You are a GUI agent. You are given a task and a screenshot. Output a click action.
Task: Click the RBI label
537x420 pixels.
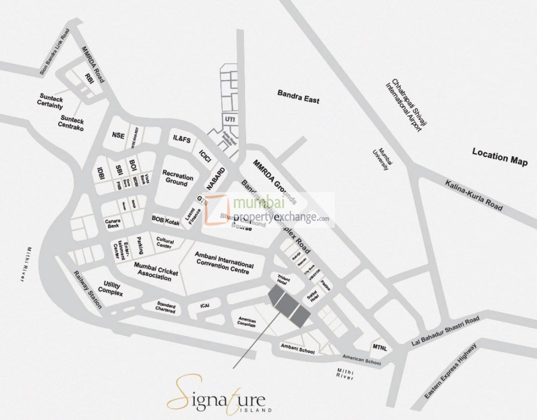click(x=89, y=78)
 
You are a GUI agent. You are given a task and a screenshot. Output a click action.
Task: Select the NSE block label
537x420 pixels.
click(x=118, y=135)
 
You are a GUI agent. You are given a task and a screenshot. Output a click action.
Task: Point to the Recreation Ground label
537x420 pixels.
click(x=177, y=178)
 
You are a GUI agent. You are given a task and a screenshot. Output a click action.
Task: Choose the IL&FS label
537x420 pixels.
click(x=182, y=139)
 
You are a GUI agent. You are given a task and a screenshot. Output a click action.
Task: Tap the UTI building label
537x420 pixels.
click(x=229, y=119)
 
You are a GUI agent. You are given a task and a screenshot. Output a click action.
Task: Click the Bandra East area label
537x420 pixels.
click(x=298, y=96)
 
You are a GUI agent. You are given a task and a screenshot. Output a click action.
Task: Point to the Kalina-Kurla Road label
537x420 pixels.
click(x=474, y=195)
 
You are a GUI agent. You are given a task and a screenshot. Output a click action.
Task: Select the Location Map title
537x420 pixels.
click(x=499, y=156)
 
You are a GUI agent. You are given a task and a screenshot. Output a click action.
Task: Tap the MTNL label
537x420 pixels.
click(x=380, y=347)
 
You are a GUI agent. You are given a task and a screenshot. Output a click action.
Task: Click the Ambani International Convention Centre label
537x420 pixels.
click(x=224, y=263)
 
